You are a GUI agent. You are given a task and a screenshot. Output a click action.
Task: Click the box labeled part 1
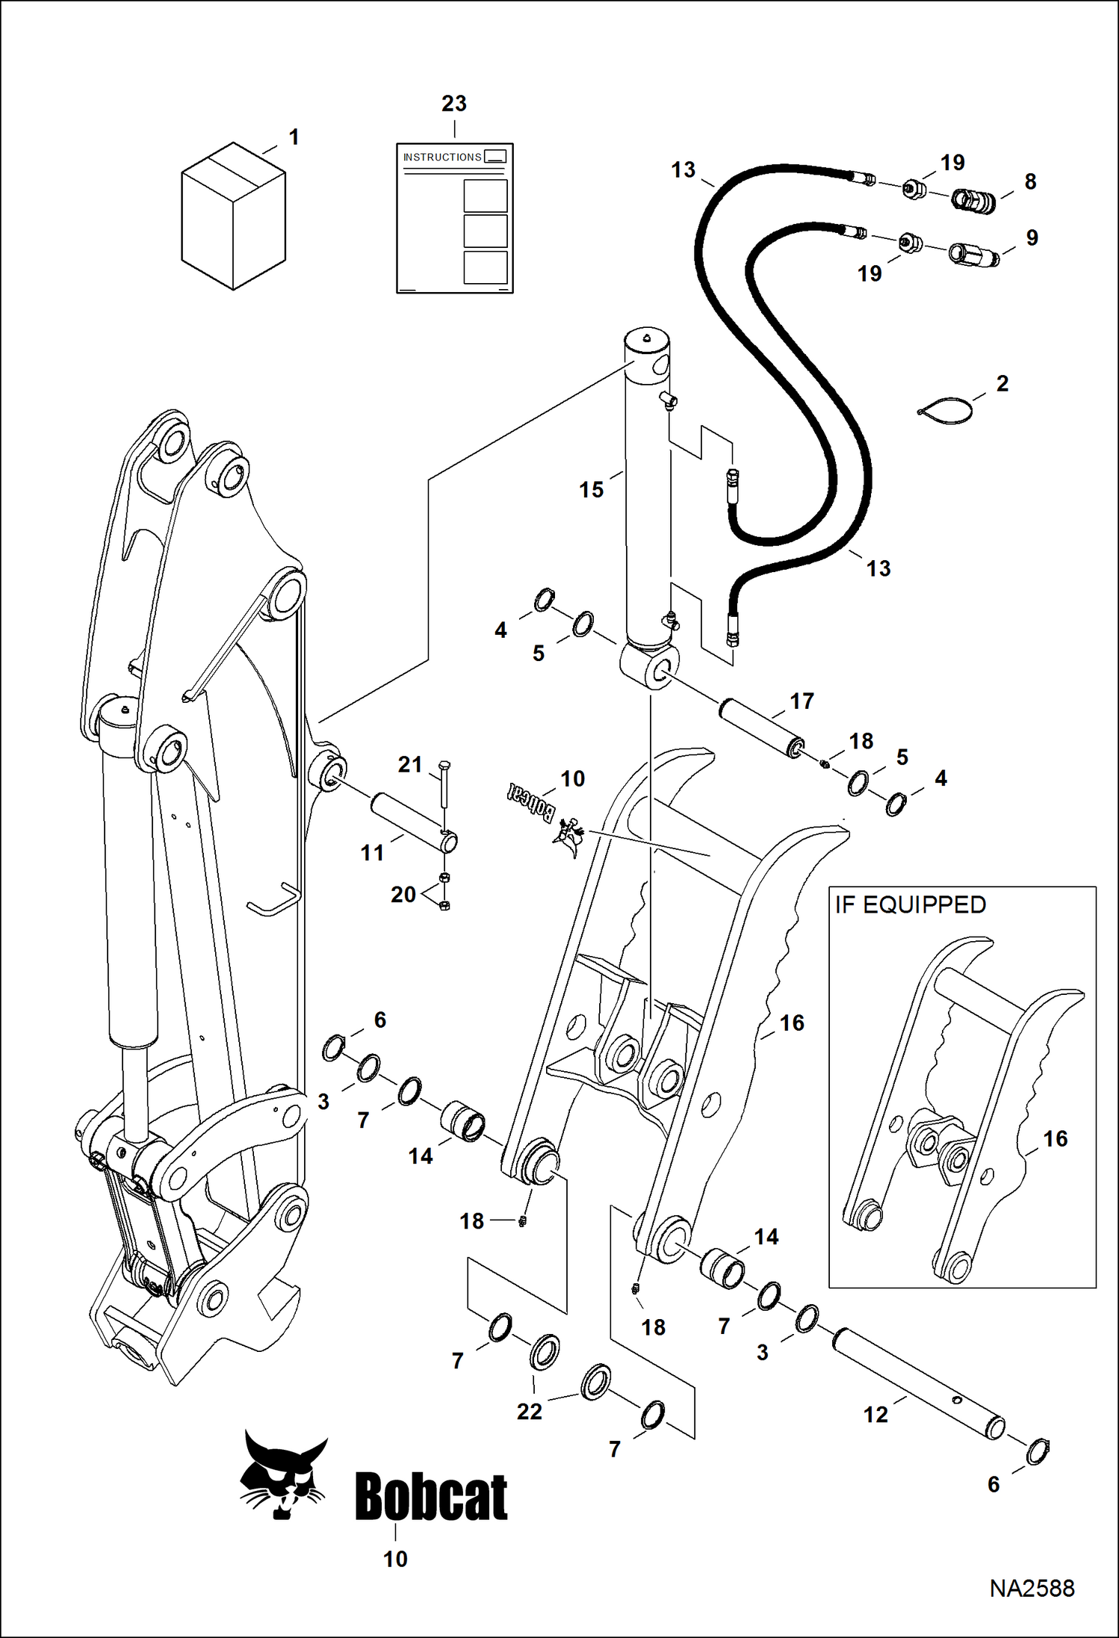(x=233, y=217)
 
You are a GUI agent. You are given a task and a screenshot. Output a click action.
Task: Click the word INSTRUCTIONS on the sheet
(x=442, y=157)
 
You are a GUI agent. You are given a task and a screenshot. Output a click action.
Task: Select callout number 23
(x=454, y=104)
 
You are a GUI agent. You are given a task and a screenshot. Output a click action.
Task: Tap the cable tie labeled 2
(x=946, y=412)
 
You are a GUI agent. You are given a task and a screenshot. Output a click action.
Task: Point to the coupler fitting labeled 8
(x=974, y=200)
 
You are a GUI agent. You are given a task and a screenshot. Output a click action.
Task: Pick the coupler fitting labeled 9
(x=973, y=255)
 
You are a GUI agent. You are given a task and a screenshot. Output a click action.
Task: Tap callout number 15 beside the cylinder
(x=591, y=490)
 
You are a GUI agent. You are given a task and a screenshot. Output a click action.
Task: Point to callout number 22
(x=530, y=1412)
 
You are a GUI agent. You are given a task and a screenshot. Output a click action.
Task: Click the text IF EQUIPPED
(x=911, y=905)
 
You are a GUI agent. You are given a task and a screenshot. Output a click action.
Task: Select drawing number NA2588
(x=1032, y=1588)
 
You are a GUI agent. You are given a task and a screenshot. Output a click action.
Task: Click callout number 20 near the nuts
(x=403, y=894)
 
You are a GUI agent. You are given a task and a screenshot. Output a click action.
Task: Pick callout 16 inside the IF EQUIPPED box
(x=1055, y=1138)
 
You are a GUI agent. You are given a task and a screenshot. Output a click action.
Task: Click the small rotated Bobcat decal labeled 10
(x=531, y=803)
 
